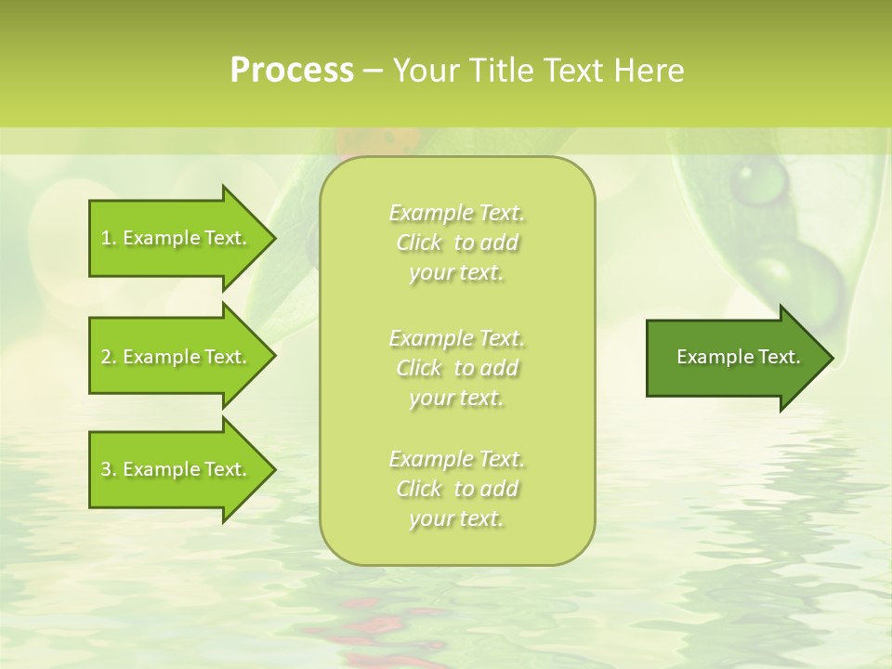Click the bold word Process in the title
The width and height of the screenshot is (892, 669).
click(292, 71)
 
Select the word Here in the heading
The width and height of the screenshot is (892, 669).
click(649, 71)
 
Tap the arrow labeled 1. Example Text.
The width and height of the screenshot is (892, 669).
click(177, 238)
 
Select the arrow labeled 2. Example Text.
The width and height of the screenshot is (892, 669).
click(177, 357)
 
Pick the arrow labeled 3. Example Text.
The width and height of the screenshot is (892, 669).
click(177, 469)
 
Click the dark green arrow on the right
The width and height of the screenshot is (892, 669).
click(734, 357)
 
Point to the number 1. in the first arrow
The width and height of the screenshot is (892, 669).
click(108, 238)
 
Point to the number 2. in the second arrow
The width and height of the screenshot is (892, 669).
click(108, 357)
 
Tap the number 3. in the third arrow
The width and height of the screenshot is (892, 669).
click(108, 469)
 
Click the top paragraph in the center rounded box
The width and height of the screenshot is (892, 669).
click(456, 243)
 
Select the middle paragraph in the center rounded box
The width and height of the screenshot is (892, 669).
click(456, 367)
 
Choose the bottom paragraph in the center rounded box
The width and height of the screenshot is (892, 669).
click(456, 489)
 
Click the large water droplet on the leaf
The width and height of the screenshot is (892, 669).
click(760, 181)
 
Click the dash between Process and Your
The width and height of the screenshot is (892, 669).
click(373, 72)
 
